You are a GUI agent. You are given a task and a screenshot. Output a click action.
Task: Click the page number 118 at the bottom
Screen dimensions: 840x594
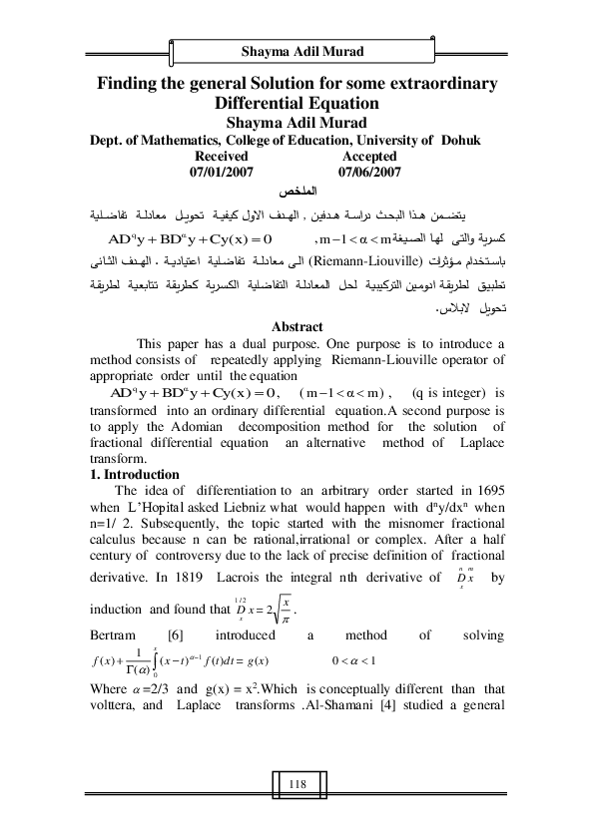click(x=297, y=785)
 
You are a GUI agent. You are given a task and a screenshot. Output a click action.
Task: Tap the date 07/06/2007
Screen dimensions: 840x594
click(x=369, y=172)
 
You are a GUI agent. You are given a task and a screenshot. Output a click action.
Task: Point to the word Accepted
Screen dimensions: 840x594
click(x=369, y=157)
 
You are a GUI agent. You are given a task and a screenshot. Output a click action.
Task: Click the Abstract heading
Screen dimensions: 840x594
click(x=297, y=326)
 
